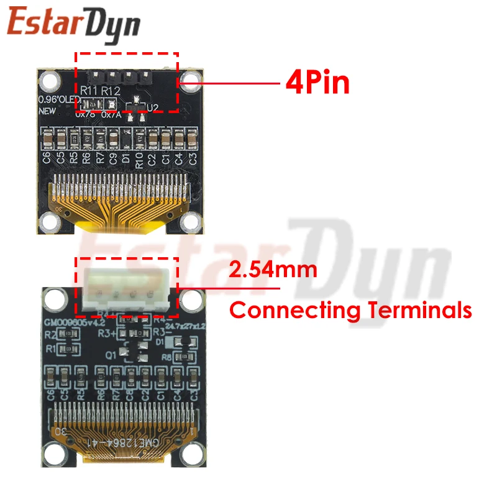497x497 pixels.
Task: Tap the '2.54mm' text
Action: click(x=273, y=270)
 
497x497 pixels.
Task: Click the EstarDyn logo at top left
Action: click(x=73, y=24)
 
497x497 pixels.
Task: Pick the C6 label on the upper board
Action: click(x=47, y=157)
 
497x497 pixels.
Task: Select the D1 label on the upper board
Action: click(x=126, y=157)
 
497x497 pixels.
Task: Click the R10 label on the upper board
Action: click(x=139, y=157)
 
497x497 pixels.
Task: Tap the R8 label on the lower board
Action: click(x=166, y=357)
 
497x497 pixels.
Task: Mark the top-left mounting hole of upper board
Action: click(x=49, y=80)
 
